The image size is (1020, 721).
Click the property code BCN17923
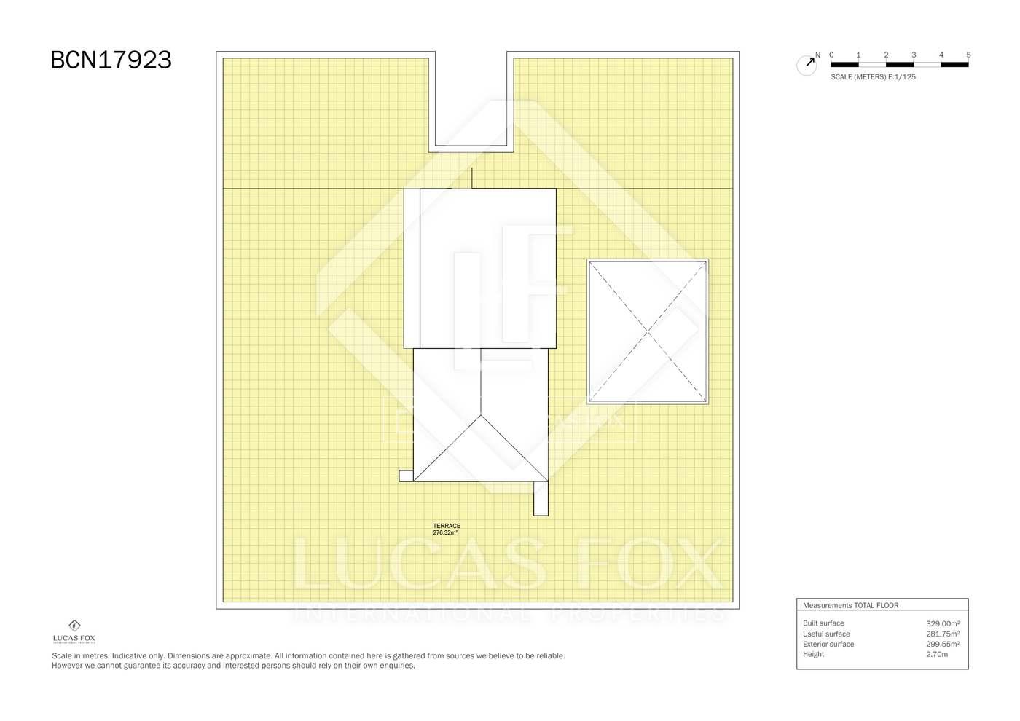[x=111, y=60]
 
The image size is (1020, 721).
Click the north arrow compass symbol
[x=807, y=65]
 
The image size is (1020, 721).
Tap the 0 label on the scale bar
[x=831, y=55]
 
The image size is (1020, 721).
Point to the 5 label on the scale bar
[x=968, y=55]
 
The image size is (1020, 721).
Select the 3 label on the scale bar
[x=914, y=55]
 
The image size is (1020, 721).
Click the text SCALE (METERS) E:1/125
[x=873, y=77]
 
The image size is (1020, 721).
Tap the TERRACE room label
[x=446, y=526]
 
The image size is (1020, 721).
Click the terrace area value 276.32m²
[x=445, y=532]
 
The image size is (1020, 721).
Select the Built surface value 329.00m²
[x=943, y=623]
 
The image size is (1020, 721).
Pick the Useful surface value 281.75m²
[x=943, y=634]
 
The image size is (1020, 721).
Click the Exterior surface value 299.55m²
[x=943, y=644]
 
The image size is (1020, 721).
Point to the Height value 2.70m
[x=937, y=654]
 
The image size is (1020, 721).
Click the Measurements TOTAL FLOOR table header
[x=851, y=605]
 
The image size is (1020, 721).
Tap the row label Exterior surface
[x=828, y=644]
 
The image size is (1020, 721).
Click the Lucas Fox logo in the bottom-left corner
[x=74, y=631]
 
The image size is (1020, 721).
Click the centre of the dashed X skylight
[x=648, y=332]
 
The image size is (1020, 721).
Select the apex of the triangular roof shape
[x=481, y=415]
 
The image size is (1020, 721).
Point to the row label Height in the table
[x=813, y=654]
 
